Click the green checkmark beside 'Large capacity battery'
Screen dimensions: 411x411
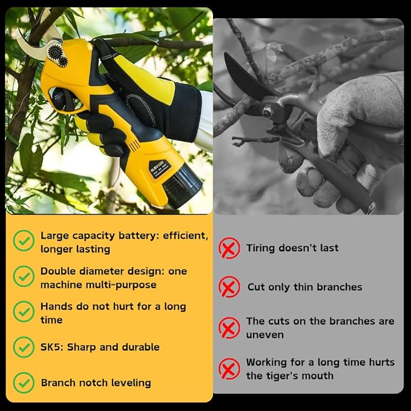pos(24,241)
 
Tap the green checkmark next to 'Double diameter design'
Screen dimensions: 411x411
pos(24,277)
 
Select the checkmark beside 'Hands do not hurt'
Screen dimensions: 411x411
pos(24,312)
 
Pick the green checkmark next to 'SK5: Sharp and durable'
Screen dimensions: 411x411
pos(24,347)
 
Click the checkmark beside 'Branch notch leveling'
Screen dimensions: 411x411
pos(24,383)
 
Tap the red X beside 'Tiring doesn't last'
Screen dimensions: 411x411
pos(229,248)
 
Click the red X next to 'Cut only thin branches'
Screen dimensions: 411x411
pos(229,287)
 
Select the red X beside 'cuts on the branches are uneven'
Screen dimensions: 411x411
pos(229,327)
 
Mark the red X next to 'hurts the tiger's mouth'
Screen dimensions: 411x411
pos(229,369)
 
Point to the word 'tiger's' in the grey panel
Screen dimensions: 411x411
pos(288,376)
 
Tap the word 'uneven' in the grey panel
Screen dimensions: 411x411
pos(265,335)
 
